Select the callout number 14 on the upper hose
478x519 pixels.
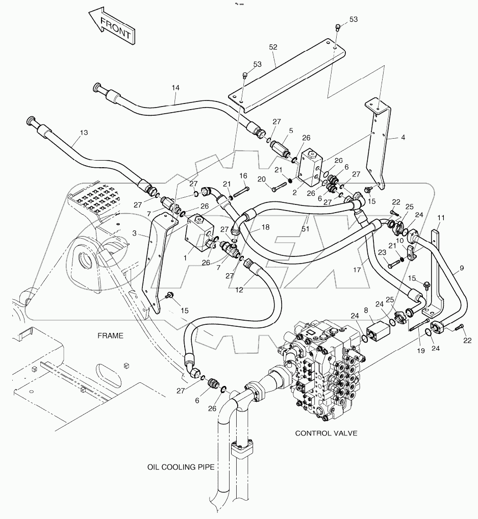click(175, 88)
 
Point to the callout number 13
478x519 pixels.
click(84, 132)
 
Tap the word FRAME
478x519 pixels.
click(110, 335)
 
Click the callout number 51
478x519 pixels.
click(306, 229)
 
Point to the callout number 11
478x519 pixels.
click(441, 218)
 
